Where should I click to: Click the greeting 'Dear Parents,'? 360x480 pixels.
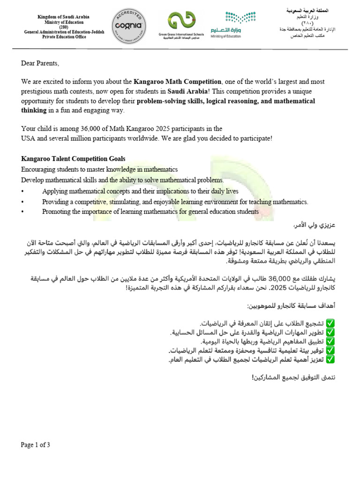[41, 63]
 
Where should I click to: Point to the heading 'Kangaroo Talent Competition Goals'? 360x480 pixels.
[73, 159]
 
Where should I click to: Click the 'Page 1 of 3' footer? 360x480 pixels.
[35, 445]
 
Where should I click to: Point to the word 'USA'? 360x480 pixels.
[29, 138]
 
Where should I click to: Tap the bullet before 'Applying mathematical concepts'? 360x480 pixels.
[22, 191]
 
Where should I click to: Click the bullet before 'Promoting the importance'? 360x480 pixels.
[22, 211]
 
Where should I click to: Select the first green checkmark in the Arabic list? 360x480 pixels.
[330, 323]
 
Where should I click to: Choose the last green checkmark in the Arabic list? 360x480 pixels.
[330, 360]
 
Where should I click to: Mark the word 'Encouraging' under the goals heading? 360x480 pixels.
[40, 169]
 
